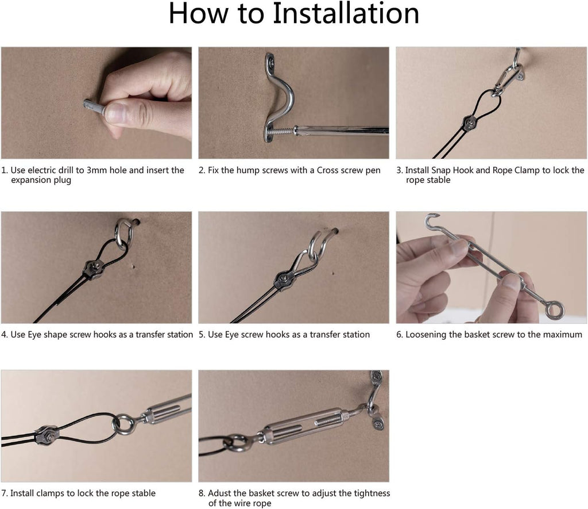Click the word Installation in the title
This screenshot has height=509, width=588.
coord(345,14)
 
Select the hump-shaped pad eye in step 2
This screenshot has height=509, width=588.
coord(278,98)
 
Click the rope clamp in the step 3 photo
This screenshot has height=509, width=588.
coord(470,123)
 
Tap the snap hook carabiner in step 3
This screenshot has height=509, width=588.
coord(508,79)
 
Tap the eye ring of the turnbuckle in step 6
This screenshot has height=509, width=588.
coord(554,311)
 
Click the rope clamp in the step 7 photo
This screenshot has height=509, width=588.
coord(48,436)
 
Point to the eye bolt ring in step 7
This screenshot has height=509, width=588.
coord(123,424)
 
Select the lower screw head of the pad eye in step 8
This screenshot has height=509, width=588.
coord(377,424)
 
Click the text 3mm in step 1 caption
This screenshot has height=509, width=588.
coord(96,170)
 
